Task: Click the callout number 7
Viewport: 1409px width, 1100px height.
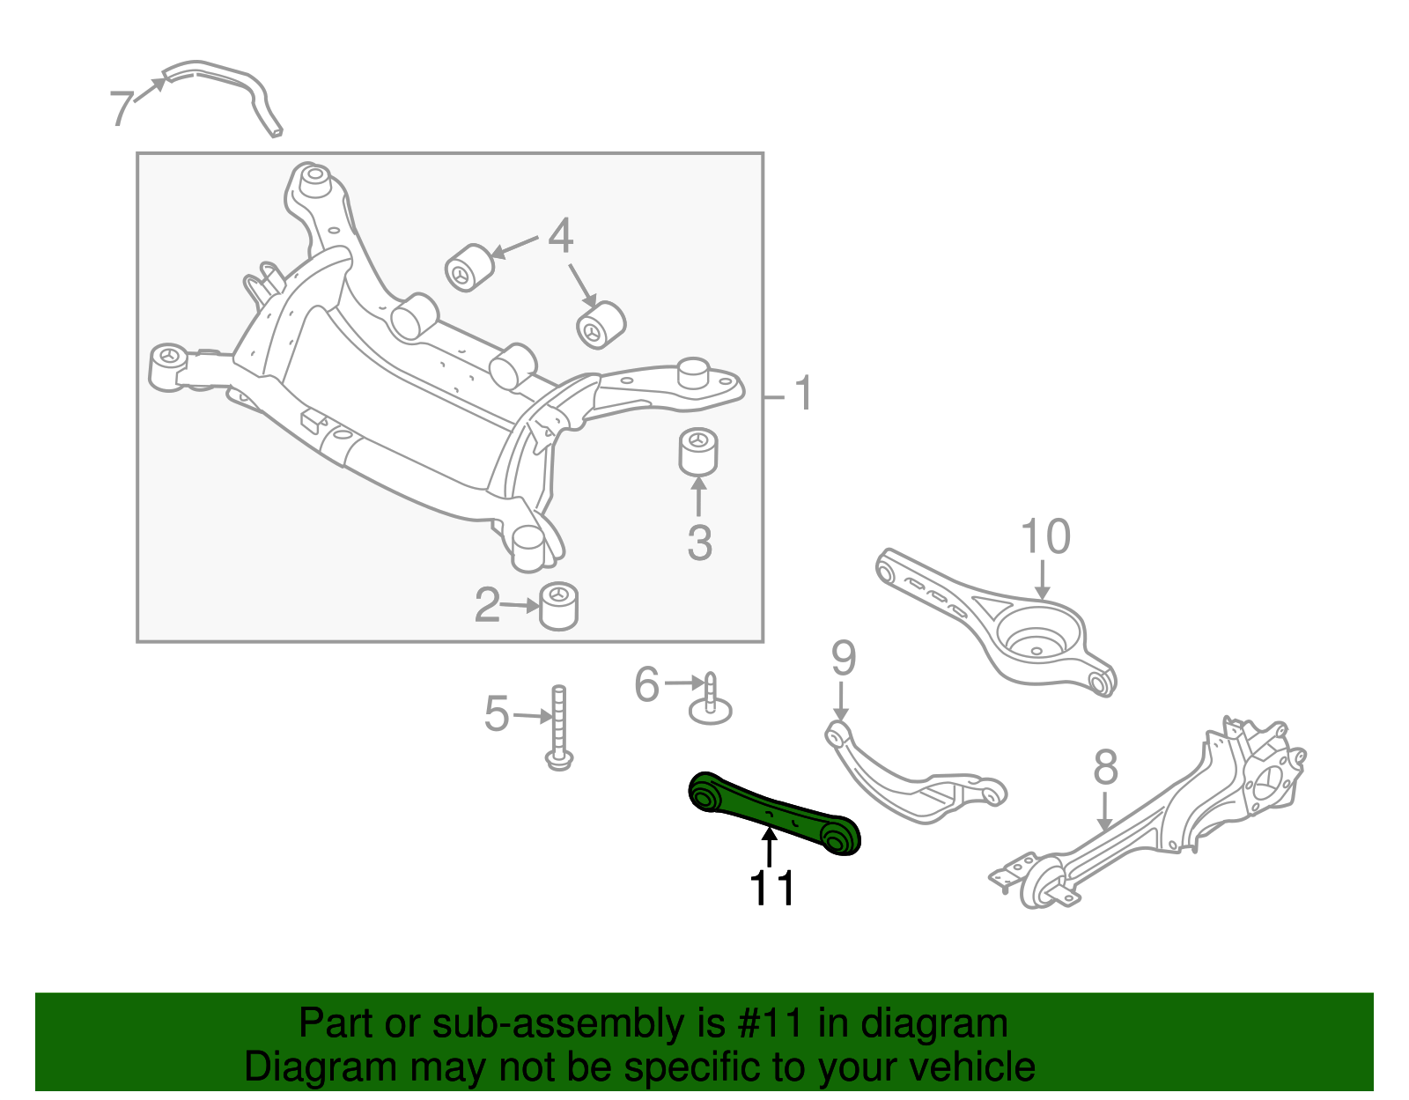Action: coord(122,107)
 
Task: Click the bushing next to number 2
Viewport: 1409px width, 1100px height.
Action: coord(558,606)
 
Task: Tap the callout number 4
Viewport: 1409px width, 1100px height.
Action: coord(561,236)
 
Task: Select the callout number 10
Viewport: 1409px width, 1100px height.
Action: coord(1045,536)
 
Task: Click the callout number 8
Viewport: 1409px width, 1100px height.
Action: coord(1105,767)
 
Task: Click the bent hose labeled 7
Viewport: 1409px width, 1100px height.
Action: coord(229,84)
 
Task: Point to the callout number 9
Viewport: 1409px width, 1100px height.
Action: coord(843,658)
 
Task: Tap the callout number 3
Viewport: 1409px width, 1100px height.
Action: coord(699,543)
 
